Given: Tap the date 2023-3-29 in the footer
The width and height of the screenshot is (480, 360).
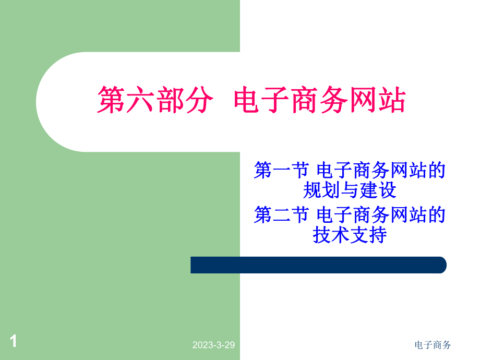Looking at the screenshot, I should click(214, 345).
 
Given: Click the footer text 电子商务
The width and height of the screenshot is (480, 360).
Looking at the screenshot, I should click(433, 345).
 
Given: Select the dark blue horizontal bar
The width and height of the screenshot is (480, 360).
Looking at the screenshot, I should click(318, 265).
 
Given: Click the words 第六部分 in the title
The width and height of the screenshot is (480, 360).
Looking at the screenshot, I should click(155, 100).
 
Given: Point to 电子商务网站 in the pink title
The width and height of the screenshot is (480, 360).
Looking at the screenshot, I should click(320, 100).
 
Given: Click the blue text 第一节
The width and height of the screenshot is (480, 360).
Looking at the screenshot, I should click(281, 171).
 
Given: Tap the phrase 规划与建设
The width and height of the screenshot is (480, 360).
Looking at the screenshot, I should click(350, 190).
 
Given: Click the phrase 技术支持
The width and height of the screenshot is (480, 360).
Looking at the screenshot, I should click(350, 235).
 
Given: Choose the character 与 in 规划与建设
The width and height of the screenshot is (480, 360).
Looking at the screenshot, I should click(350, 190).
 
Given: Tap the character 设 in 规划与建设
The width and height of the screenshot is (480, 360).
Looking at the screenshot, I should click(387, 190).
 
